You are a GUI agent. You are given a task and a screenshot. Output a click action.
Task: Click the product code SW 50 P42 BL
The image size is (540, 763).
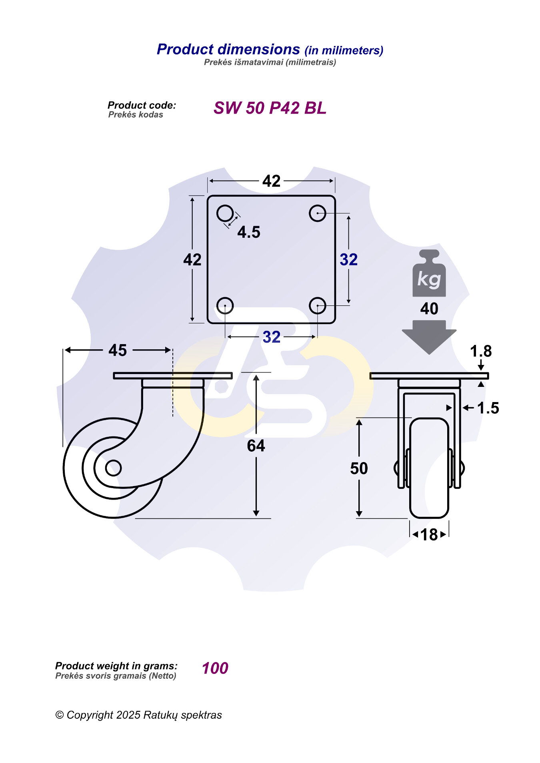270,108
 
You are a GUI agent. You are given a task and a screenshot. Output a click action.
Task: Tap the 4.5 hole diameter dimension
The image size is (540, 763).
249,232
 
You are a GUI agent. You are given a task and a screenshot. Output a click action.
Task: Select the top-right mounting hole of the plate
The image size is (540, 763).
317,213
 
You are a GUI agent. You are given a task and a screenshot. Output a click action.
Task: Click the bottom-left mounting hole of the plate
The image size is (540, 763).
225,306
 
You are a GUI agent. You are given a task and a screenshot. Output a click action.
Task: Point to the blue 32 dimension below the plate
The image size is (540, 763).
272,337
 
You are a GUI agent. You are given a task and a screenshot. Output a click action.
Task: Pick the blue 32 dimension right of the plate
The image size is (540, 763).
349,260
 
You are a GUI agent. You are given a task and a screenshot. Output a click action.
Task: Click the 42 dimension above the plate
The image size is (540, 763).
272,181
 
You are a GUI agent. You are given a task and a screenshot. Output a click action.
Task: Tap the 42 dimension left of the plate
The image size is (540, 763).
192,260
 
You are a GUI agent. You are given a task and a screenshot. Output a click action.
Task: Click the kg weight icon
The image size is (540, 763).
429,273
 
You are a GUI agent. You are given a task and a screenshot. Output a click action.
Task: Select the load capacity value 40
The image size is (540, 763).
429,309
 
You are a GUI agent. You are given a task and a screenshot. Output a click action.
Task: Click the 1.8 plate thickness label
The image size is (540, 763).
481,351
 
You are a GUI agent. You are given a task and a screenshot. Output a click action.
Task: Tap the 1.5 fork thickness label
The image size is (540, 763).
488,408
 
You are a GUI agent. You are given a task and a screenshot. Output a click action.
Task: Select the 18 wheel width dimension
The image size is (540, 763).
429,534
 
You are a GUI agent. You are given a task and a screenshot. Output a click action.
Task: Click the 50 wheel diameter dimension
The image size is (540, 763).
359,468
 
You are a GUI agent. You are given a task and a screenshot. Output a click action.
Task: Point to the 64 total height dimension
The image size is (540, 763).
256,446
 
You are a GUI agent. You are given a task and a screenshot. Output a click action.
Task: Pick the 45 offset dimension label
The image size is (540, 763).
118,350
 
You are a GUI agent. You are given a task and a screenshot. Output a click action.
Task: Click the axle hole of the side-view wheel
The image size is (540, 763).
113,468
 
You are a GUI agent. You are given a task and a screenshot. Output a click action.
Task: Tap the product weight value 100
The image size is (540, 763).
215,668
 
